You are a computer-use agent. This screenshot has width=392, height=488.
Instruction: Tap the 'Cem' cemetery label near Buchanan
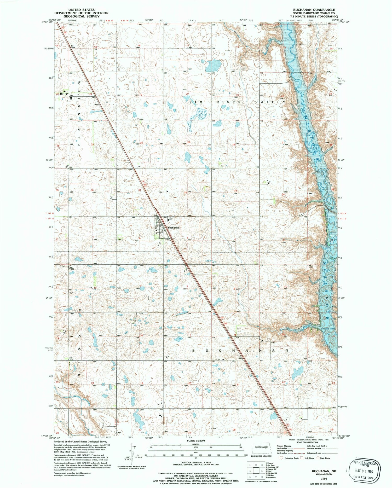pos(171,218)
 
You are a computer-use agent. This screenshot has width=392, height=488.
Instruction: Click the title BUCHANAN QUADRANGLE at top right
pos(314,10)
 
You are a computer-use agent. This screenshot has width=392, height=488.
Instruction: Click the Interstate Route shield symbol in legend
pos(281,458)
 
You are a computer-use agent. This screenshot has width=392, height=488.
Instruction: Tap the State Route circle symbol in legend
pos(318,458)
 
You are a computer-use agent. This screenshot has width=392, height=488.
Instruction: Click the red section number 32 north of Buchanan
pos(185,193)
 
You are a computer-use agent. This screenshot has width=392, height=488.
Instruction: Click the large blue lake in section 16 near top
pos(213,66)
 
